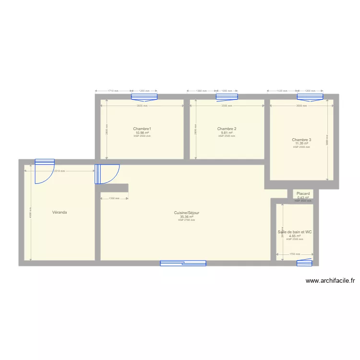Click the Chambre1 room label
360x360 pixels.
tap(142, 129)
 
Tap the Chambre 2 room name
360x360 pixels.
tap(227, 129)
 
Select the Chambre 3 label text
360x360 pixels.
tap(301, 140)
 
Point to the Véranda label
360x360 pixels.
tap(60, 212)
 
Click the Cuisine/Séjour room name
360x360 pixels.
tap(187, 213)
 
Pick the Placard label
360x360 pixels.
tap(303, 194)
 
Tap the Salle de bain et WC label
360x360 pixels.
tap(295, 232)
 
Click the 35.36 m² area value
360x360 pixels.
tap(187, 216)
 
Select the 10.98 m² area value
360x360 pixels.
tap(142, 132)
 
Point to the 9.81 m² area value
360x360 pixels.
tap(227, 132)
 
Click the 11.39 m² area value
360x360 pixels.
tap(301, 143)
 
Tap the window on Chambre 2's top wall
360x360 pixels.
tap(227, 97)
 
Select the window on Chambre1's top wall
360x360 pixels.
tap(144, 97)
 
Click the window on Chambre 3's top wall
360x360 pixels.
tap(310, 97)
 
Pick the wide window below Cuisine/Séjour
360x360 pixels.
tap(183, 263)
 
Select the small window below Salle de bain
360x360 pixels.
tap(304, 263)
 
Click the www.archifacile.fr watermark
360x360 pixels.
tap(329, 281)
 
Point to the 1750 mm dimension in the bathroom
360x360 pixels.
tap(294, 254)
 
